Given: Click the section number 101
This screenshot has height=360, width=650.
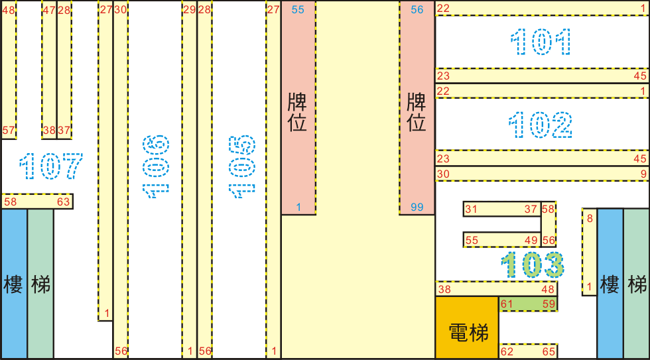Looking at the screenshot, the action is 540,42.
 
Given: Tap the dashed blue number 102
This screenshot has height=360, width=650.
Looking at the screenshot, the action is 540,125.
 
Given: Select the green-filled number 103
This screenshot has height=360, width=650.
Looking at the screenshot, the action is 532,265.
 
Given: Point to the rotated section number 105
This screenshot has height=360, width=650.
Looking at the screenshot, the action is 242,166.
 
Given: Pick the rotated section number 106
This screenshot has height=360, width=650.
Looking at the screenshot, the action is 156,166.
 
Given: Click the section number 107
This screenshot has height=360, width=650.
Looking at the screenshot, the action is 51,166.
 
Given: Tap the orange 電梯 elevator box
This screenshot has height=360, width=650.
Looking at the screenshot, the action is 467,328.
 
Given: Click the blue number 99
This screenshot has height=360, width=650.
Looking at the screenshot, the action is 417,207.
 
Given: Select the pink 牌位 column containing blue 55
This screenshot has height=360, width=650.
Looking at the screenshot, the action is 298,107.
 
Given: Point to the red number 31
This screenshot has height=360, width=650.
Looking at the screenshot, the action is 471,210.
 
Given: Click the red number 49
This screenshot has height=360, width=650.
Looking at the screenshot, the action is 531,240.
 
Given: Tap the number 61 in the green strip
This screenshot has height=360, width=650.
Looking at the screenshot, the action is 507,304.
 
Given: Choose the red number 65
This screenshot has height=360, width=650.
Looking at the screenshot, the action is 549,352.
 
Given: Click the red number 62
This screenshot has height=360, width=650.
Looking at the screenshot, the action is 507,352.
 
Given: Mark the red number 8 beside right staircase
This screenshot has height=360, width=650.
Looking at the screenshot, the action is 590,218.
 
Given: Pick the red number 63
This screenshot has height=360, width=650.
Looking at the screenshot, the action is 64,202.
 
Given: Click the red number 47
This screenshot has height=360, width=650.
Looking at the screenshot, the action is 49,10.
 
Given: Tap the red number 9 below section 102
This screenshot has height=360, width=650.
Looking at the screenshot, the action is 643,174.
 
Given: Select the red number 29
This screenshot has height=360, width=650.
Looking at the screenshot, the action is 190,9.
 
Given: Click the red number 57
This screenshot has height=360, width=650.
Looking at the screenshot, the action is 9,131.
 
